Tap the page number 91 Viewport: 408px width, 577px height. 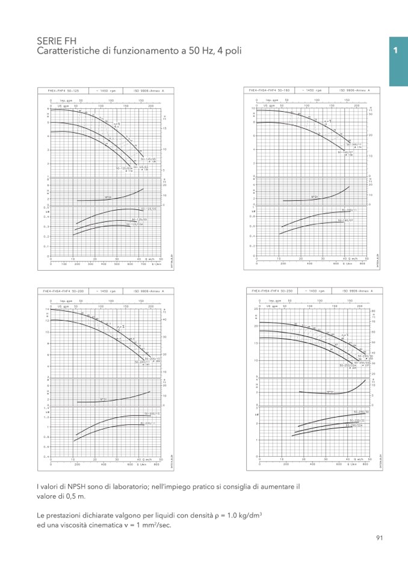[x=379, y=538]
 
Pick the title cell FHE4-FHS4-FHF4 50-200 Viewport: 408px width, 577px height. [x=63, y=291]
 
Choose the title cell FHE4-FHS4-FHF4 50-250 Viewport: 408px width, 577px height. [x=271, y=291]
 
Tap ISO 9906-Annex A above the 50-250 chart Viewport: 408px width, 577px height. [x=356, y=291]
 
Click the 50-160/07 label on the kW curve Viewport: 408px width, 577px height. [x=344, y=221]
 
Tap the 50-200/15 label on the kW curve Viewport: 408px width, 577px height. [x=152, y=414]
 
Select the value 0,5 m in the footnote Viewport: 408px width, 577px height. [x=75, y=497]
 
